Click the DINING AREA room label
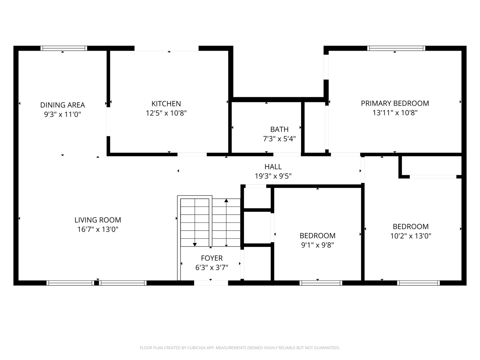(x=63, y=105)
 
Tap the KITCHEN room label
(x=166, y=104)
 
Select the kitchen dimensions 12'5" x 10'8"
(x=166, y=113)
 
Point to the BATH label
(x=279, y=129)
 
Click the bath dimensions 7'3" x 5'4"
(x=279, y=139)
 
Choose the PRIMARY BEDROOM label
(x=395, y=103)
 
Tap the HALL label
(x=273, y=167)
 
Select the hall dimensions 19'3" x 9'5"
(x=273, y=176)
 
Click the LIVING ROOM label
(x=98, y=220)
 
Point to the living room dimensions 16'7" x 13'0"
(x=98, y=229)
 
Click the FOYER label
(x=212, y=258)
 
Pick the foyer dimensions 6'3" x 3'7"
(x=212, y=267)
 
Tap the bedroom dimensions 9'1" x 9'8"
(x=318, y=245)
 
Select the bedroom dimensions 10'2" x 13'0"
(x=411, y=236)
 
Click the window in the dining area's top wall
(x=64, y=48)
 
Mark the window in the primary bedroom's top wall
(x=396, y=48)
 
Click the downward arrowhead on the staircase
(x=195, y=245)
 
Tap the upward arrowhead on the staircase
(x=226, y=200)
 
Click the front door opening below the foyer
(x=211, y=283)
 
